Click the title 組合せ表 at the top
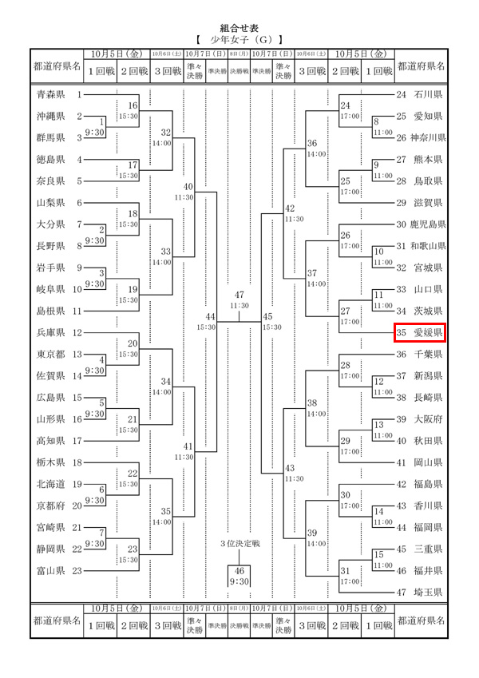(x=239, y=27)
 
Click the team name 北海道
(x=53, y=484)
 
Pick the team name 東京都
(x=53, y=354)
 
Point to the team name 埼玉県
(x=429, y=592)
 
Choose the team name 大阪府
(x=429, y=418)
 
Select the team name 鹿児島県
(x=426, y=224)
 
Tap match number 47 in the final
(x=239, y=295)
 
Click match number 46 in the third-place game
(x=239, y=570)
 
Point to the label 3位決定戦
(x=239, y=544)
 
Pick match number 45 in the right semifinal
(x=268, y=317)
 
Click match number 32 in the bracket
(x=165, y=133)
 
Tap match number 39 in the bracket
(x=313, y=533)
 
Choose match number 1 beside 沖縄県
(x=102, y=121)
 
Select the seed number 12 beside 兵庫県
(x=78, y=332)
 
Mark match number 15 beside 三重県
(x=380, y=554)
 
